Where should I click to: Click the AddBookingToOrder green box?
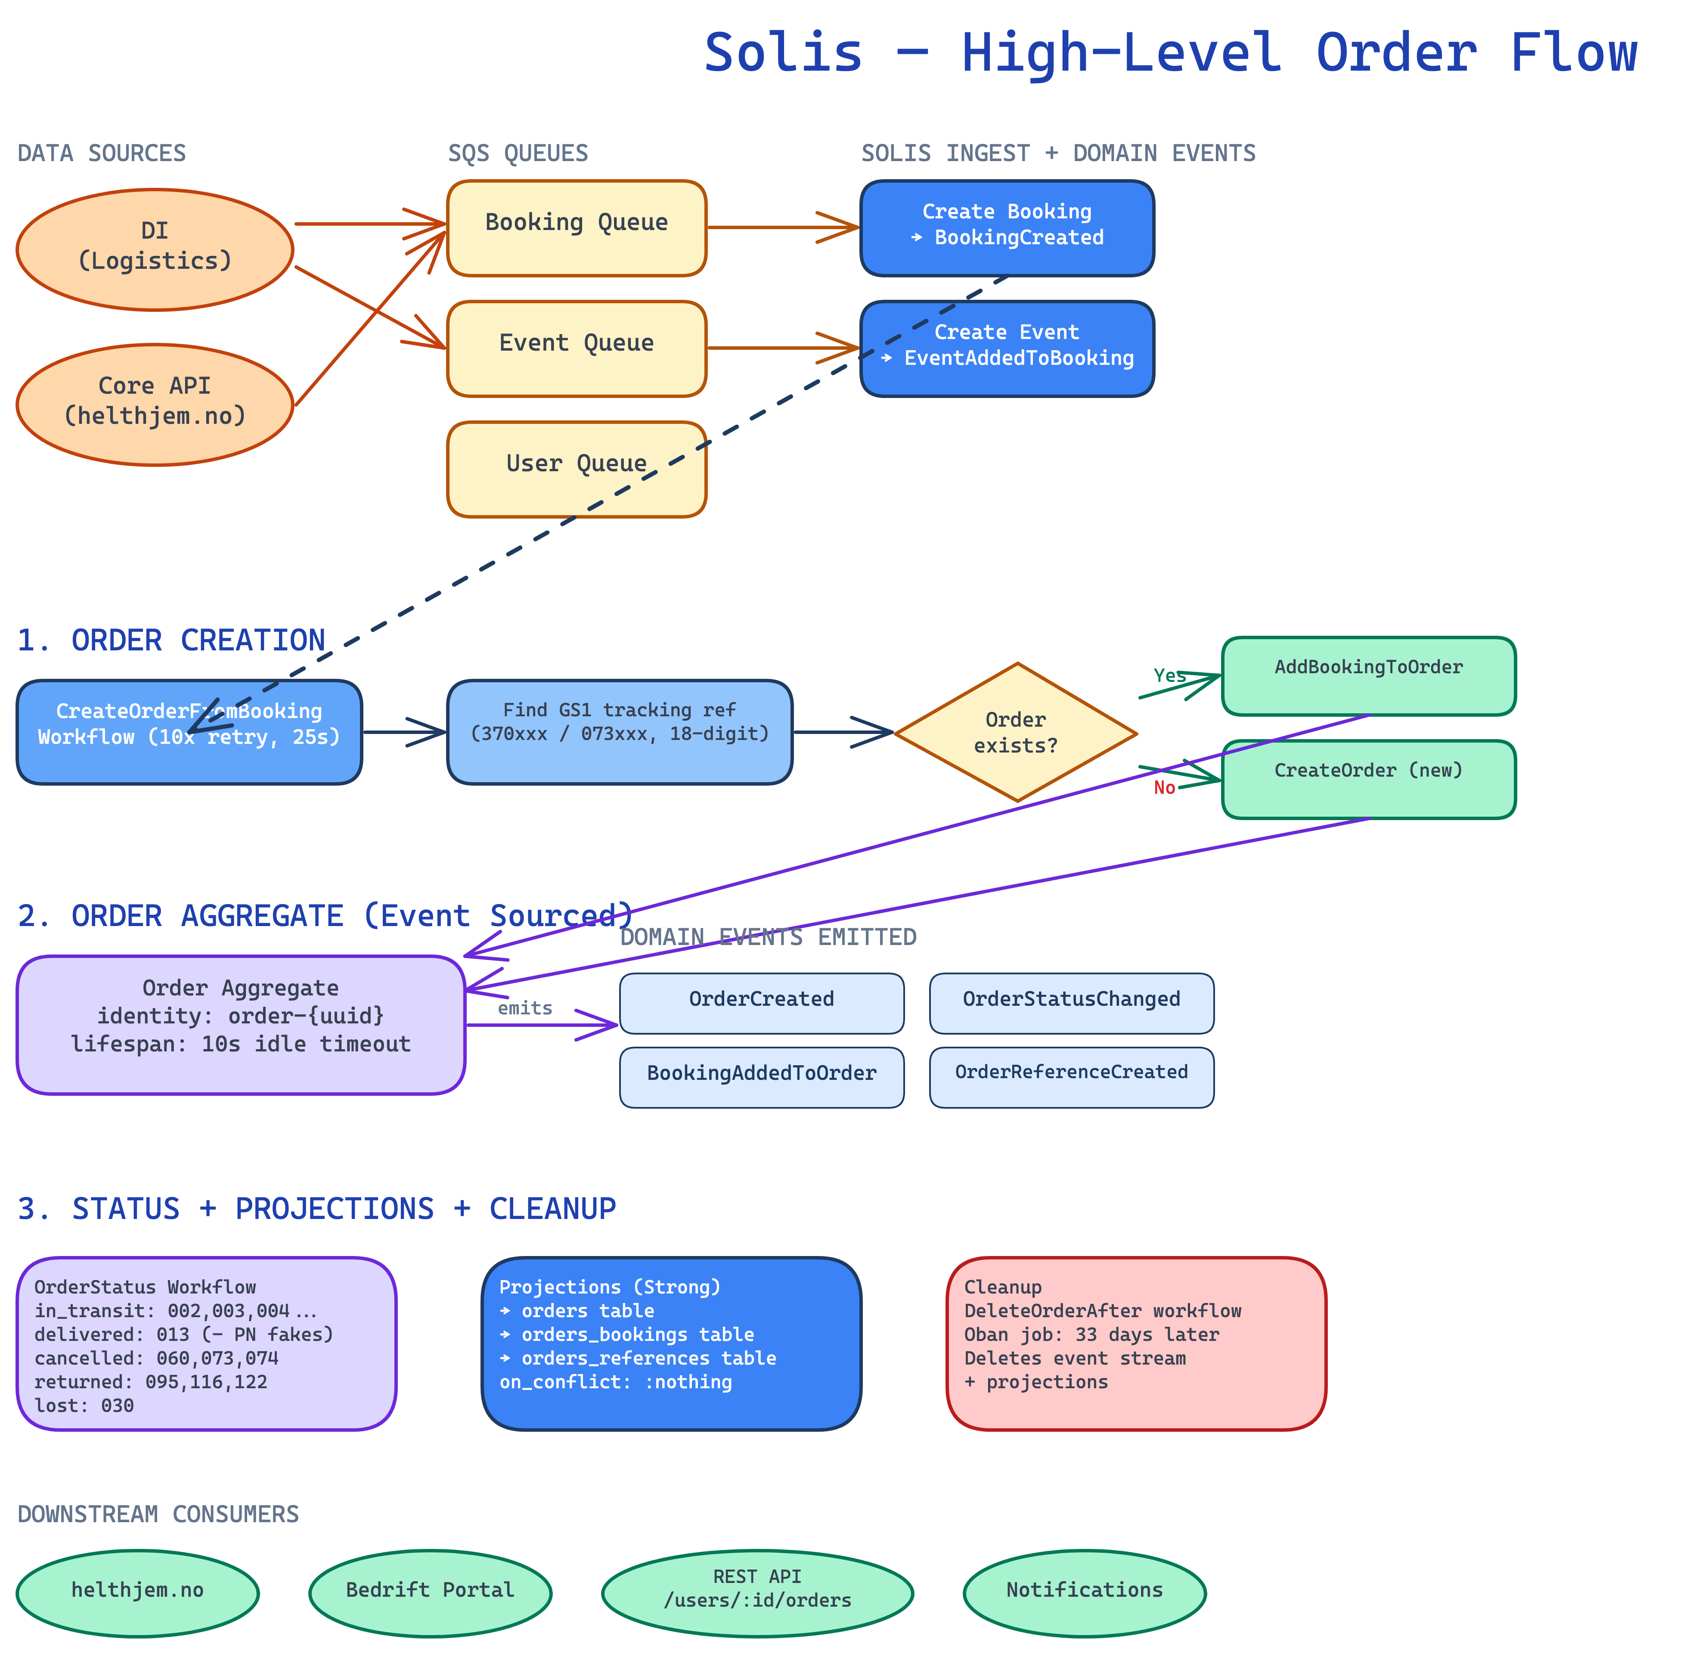click(1368, 676)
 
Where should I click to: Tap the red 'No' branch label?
click(1164, 787)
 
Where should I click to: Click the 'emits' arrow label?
click(524, 1007)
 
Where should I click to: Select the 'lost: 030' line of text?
click(84, 1405)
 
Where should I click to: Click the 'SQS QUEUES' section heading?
click(518, 153)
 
